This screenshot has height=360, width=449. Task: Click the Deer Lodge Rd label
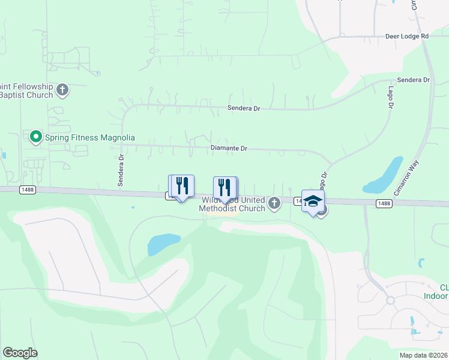point(408,36)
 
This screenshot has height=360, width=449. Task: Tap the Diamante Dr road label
point(229,148)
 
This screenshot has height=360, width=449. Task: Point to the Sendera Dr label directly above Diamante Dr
point(243,109)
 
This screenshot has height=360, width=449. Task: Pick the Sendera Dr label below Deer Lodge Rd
point(414,80)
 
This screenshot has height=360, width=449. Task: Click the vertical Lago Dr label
point(390,97)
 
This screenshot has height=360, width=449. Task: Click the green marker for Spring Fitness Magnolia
point(35,137)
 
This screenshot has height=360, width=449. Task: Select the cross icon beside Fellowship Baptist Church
point(62,91)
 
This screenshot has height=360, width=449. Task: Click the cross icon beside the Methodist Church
point(274,203)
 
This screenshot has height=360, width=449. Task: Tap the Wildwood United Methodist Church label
point(233,204)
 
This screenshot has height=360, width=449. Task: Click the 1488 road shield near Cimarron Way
point(385,203)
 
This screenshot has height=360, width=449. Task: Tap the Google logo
point(20,353)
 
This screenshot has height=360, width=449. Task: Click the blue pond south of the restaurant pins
point(164,243)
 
